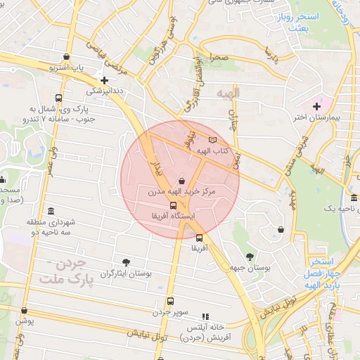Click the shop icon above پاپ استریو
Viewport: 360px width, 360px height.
pos(66,57)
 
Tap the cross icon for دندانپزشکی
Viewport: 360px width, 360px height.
pos(104,80)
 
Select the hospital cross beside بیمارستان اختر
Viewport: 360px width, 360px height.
pos(316,105)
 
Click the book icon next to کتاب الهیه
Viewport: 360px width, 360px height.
pos(213,141)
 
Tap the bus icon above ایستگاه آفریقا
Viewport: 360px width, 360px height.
pos(173,205)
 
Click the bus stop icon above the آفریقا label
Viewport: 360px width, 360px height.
pos(199,238)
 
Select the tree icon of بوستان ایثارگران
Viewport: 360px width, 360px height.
pos(127,262)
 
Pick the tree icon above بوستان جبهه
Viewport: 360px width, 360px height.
pos(251,256)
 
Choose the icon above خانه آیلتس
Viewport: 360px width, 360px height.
pos(205,317)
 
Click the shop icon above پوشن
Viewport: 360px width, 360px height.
pos(25,310)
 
